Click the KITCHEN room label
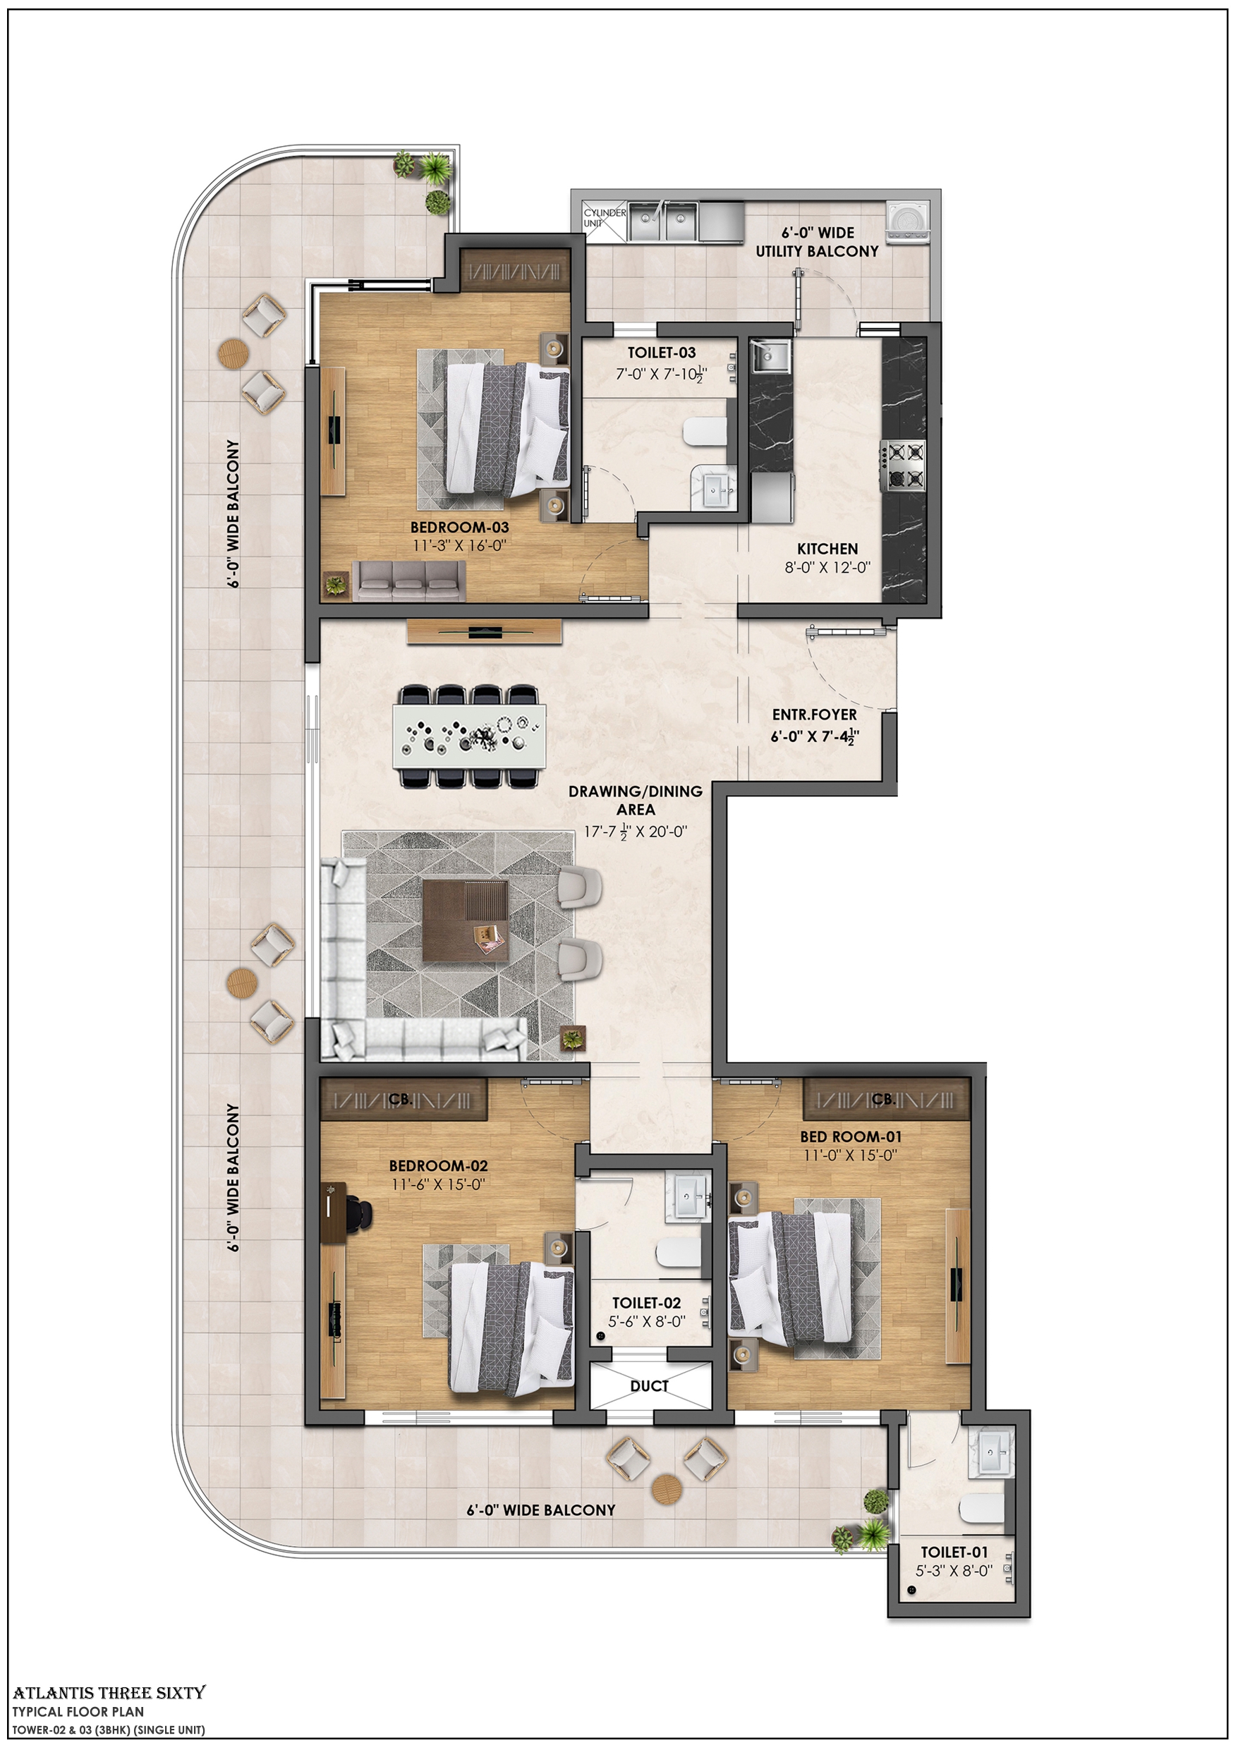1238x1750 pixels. point(827,549)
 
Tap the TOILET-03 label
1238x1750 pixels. point(661,353)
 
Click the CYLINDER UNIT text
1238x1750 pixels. point(604,218)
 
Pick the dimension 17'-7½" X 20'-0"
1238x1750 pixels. point(635,832)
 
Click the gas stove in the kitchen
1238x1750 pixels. point(904,465)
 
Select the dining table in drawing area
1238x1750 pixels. point(469,736)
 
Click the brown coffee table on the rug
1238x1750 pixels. point(465,920)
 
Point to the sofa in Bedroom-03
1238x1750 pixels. point(408,581)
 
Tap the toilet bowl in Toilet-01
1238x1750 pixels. point(983,1507)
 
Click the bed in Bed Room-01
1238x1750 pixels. point(789,1278)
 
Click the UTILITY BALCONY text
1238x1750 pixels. point(816,252)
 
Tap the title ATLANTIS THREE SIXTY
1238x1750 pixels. point(109,1692)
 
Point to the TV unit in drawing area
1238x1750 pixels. point(484,631)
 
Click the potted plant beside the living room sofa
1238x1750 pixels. point(573,1038)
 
